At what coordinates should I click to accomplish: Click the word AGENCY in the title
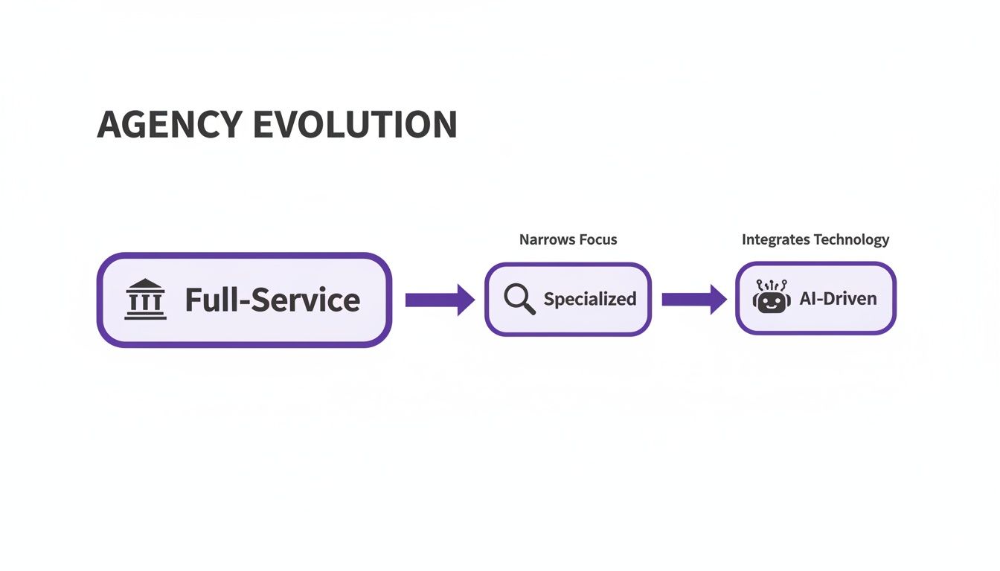click(x=170, y=125)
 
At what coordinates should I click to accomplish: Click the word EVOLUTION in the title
click(x=356, y=125)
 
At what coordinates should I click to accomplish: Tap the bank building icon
click(x=146, y=300)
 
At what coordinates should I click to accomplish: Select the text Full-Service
click(x=272, y=300)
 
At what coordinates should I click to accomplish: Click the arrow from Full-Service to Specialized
click(x=439, y=300)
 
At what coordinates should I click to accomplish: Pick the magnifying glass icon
click(x=519, y=299)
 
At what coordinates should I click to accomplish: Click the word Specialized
click(x=590, y=299)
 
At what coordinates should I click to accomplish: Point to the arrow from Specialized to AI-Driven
click(x=693, y=299)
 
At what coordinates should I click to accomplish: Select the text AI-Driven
click(x=838, y=299)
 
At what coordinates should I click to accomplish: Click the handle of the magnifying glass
click(x=529, y=309)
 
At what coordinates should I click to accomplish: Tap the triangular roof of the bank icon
click(x=146, y=285)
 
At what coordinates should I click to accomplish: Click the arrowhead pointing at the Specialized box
click(x=466, y=300)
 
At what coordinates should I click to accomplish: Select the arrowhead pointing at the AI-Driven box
click(x=718, y=299)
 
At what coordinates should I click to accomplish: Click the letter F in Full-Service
click(x=193, y=300)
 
